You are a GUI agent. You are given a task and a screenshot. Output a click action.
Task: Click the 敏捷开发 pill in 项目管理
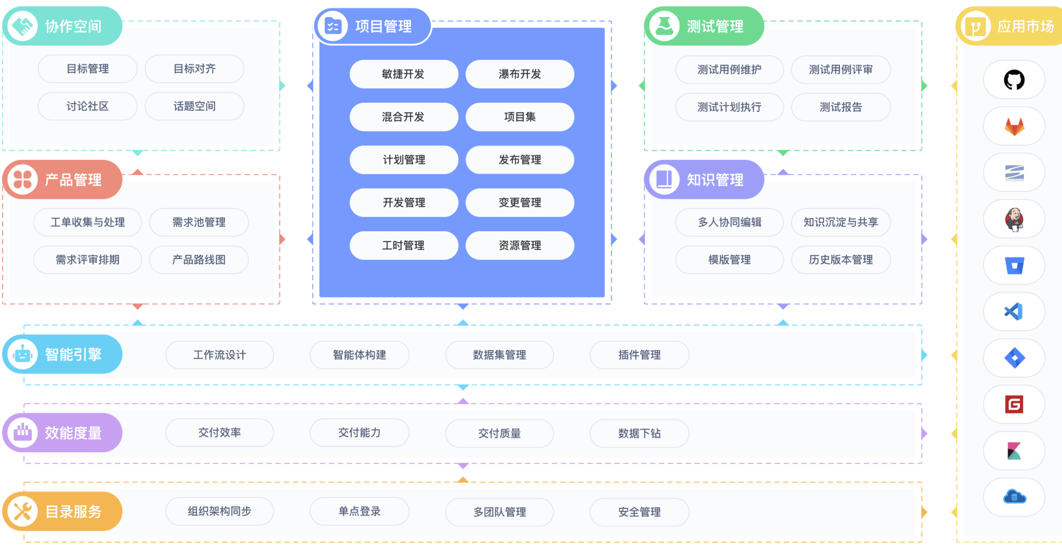403,74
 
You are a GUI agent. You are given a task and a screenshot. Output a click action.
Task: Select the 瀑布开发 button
519,74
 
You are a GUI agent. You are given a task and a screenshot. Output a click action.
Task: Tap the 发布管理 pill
519,160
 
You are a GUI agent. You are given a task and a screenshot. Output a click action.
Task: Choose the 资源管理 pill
519,246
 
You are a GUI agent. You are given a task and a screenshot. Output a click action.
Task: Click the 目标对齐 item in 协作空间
194,69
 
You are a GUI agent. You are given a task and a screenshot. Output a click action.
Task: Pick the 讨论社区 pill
87,106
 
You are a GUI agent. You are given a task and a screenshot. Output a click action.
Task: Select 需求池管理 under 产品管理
199,222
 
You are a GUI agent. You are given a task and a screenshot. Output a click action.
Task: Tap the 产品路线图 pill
199,260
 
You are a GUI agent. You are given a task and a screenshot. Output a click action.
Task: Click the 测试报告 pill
841,107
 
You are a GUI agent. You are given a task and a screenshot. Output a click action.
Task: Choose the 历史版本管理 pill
841,260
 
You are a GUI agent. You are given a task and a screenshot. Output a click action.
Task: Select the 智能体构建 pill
360,355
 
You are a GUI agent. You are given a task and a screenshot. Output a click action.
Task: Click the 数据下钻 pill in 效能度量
640,434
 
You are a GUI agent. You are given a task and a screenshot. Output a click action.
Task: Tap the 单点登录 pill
360,511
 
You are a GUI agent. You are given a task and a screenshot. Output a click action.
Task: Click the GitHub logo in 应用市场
1014,80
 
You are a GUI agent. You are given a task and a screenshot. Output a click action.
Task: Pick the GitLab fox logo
1014,127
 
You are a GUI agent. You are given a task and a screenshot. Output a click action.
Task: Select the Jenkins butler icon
1014,219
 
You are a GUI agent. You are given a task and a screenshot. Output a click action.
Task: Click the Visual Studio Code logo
1014,312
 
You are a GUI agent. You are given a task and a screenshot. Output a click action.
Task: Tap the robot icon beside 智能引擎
23,354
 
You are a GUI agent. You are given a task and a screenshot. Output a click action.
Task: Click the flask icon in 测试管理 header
664,26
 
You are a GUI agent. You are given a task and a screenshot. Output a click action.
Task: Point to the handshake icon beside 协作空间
23,26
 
